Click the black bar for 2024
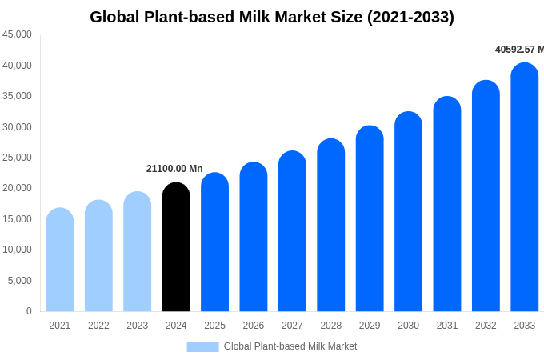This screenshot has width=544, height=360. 176,247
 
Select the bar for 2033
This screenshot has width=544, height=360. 525,187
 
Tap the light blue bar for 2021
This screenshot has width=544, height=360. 60,260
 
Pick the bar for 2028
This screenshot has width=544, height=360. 331,226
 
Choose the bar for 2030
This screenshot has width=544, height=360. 408,212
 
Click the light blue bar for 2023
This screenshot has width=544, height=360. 138,252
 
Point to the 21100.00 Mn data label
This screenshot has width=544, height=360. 174,169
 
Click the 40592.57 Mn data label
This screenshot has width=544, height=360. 519,50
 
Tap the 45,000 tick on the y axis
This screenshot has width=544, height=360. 18,34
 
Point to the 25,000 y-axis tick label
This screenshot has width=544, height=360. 18,158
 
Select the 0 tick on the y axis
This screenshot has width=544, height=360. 29,311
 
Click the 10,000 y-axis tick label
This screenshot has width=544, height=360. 18,250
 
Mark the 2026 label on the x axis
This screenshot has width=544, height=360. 254,326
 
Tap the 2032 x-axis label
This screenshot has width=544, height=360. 486,326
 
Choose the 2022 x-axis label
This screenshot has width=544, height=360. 98,326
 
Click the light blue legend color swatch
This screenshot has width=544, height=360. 202,347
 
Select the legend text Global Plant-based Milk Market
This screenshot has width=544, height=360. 290,346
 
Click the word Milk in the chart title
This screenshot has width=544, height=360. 258,17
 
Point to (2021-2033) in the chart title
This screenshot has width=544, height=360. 410,17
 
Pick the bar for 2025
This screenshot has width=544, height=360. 214,242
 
